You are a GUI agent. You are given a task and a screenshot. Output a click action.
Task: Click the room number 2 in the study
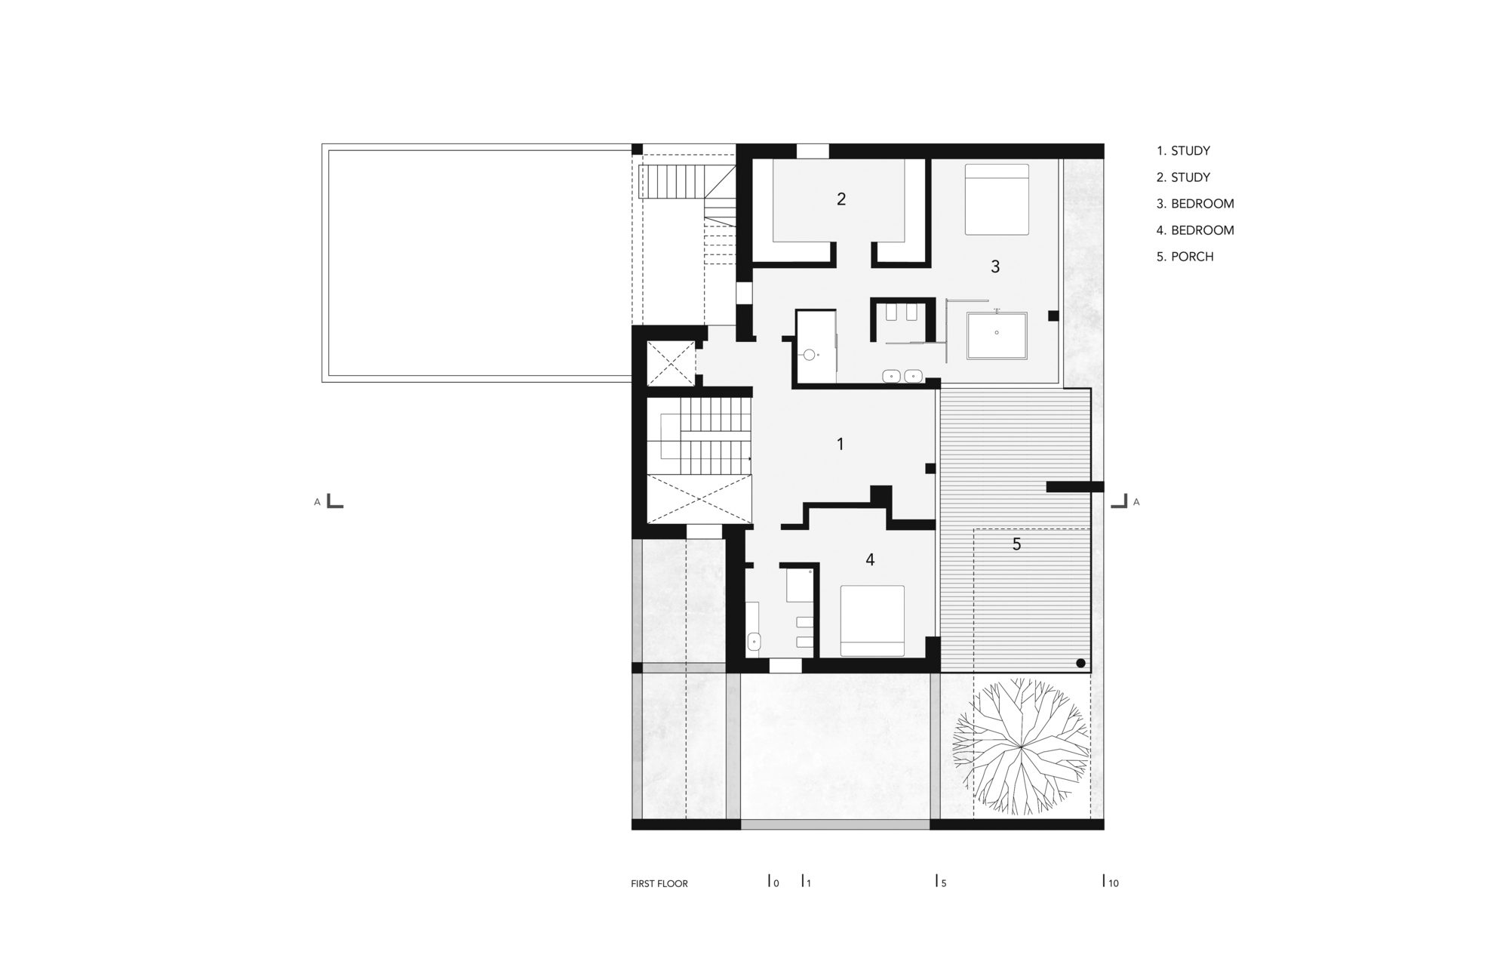pos(841,199)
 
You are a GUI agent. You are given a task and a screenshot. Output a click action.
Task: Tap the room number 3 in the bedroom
pos(995,266)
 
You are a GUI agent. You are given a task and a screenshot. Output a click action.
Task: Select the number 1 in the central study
pos(841,444)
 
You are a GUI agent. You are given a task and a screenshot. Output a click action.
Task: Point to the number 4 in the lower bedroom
pos(870,559)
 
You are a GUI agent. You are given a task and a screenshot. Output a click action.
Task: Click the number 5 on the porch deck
pos(1016,544)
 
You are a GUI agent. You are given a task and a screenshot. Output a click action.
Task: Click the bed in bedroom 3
pos(997,199)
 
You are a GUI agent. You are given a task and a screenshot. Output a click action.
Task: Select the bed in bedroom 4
pos(873,621)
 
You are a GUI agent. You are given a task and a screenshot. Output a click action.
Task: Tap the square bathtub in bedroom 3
pos(997,336)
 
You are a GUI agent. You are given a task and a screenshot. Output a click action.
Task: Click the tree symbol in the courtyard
pos(1019,747)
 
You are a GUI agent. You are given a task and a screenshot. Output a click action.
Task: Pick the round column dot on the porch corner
pos(1080,664)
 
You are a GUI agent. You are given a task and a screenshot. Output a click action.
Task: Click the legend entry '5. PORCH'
pos(1185,257)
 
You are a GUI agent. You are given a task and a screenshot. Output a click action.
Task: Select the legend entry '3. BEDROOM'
pos(1194,204)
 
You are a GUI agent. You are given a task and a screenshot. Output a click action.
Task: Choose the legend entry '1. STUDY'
pos(1182,151)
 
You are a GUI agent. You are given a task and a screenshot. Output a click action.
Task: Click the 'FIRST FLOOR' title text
pos(659,883)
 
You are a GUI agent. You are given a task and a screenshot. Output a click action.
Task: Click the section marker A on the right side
pos(1136,502)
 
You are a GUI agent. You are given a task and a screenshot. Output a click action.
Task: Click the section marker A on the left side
pos(318,502)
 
